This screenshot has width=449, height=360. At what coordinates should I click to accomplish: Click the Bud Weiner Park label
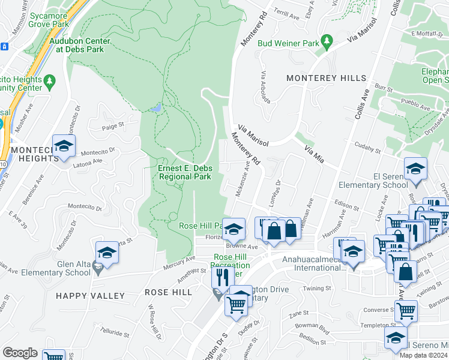coord(288,43)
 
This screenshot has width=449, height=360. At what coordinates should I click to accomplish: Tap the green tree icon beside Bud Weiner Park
coord(327,42)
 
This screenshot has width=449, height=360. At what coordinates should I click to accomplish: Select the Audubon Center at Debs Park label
coord(80,45)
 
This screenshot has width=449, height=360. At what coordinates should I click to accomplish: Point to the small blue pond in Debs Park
coord(157,108)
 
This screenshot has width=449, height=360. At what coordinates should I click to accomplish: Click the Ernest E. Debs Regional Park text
coord(184,173)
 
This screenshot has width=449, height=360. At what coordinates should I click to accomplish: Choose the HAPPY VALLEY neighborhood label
coord(91,296)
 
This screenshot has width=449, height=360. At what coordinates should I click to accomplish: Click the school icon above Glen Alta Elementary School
coord(107,253)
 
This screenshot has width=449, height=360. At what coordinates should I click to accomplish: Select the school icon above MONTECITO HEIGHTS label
coord(64,146)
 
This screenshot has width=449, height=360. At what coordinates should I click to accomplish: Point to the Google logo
coord(20,353)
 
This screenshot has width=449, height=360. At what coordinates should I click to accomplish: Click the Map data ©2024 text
coord(424,355)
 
